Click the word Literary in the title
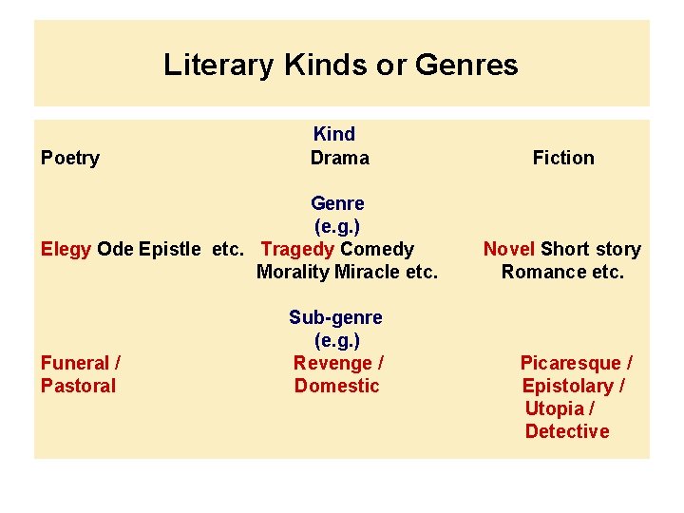(218, 65)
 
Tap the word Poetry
(70, 158)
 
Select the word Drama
(339, 158)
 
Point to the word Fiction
(563, 158)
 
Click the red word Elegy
(66, 249)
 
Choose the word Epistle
(169, 249)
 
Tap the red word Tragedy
(297, 249)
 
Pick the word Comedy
(377, 249)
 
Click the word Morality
(293, 272)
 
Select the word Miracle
(367, 272)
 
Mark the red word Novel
(509, 249)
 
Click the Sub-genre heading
(335, 317)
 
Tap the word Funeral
(75, 363)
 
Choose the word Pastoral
(78, 386)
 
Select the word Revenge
(332, 363)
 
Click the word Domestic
(336, 386)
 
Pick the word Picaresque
(570, 363)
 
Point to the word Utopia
(554, 408)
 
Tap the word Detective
(567, 431)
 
